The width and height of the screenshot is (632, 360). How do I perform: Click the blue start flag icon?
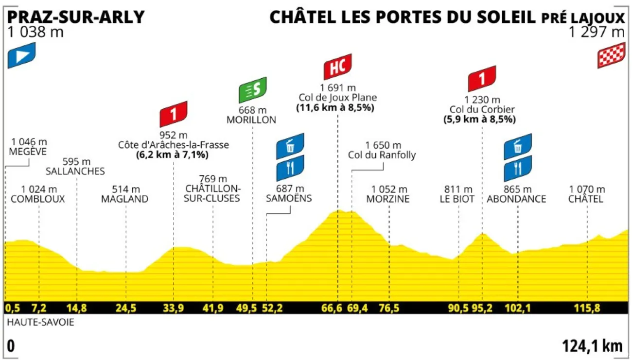pos(22,55)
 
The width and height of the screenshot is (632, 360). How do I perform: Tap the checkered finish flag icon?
pos(611,55)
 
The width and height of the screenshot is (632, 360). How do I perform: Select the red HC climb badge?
pos(337,67)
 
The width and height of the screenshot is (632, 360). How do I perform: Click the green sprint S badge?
pos(253,90)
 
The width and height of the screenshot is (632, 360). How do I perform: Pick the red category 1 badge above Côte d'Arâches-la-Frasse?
pos(174,114)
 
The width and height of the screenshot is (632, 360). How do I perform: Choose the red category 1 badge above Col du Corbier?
pos(482,80)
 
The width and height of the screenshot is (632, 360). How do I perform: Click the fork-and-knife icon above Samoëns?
pos(290,169)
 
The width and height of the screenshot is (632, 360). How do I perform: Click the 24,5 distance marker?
pos(126,308)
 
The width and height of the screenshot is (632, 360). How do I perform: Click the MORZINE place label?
pos(388,199)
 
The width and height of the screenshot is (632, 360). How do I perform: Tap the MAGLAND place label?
pos(124,199)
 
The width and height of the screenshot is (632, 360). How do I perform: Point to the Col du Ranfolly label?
pos(382,155)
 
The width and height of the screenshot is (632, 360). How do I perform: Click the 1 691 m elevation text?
pos(337,88)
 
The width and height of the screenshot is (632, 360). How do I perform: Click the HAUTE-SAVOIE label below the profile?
pos(41,322)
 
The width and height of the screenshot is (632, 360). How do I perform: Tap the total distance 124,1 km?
pos(592,346)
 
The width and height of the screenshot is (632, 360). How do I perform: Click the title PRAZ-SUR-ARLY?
pos(76,17)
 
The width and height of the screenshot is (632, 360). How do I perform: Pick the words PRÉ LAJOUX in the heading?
pos(583,18)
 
